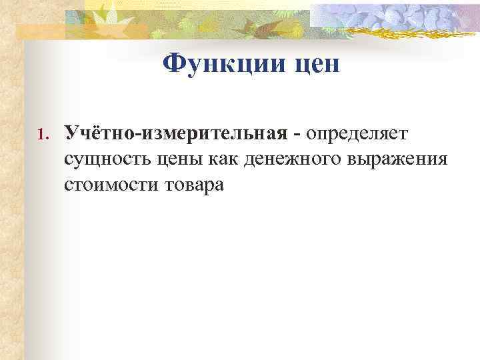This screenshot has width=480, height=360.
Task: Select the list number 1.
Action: click(39, 137)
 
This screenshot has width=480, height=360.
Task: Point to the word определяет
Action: click(358, 134)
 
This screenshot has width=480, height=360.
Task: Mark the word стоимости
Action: click(109, 185)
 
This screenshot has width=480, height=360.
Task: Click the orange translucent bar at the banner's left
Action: click(40, 30)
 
